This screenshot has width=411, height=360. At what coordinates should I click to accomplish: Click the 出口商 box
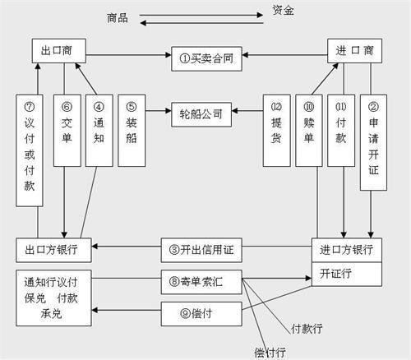[x=59, y=51]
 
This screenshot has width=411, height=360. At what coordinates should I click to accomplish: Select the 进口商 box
[x=354, y=51]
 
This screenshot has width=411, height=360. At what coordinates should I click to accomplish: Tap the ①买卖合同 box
[x=206, y=58]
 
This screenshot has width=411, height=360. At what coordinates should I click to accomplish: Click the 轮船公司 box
[x=201, y=114]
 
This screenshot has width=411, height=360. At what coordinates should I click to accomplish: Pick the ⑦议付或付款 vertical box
[x=30, y=150]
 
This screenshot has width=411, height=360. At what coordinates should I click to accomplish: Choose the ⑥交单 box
[x=67, y=131]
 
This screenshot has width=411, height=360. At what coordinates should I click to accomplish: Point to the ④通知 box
[x=99, y=131]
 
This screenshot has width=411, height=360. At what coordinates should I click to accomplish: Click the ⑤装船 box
[x=132, y=131]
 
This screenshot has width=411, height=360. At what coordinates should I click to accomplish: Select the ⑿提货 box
[x=277, y=131]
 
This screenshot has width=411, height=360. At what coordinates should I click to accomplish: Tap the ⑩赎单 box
[x=309, y=131]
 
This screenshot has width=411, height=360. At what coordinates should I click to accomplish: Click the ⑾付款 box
[x=341, y=131]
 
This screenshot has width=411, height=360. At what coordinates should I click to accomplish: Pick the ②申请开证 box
[x=373, y=142]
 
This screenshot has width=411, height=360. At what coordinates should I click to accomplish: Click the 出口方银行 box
[x=53, y=250]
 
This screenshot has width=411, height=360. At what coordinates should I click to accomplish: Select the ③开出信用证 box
[x=201, y=250]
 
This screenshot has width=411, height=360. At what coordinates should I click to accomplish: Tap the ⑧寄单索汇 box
[x=201, y=282]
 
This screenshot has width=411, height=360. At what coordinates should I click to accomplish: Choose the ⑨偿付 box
[x=201, y=314]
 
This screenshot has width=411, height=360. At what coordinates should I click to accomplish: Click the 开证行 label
[x=335, y=274]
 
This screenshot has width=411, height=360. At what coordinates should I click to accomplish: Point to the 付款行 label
[x=307, y=329]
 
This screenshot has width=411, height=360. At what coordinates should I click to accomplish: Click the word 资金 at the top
[x=283, y=11]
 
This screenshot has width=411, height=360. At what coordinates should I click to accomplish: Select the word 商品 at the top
[x=118, y=18]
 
